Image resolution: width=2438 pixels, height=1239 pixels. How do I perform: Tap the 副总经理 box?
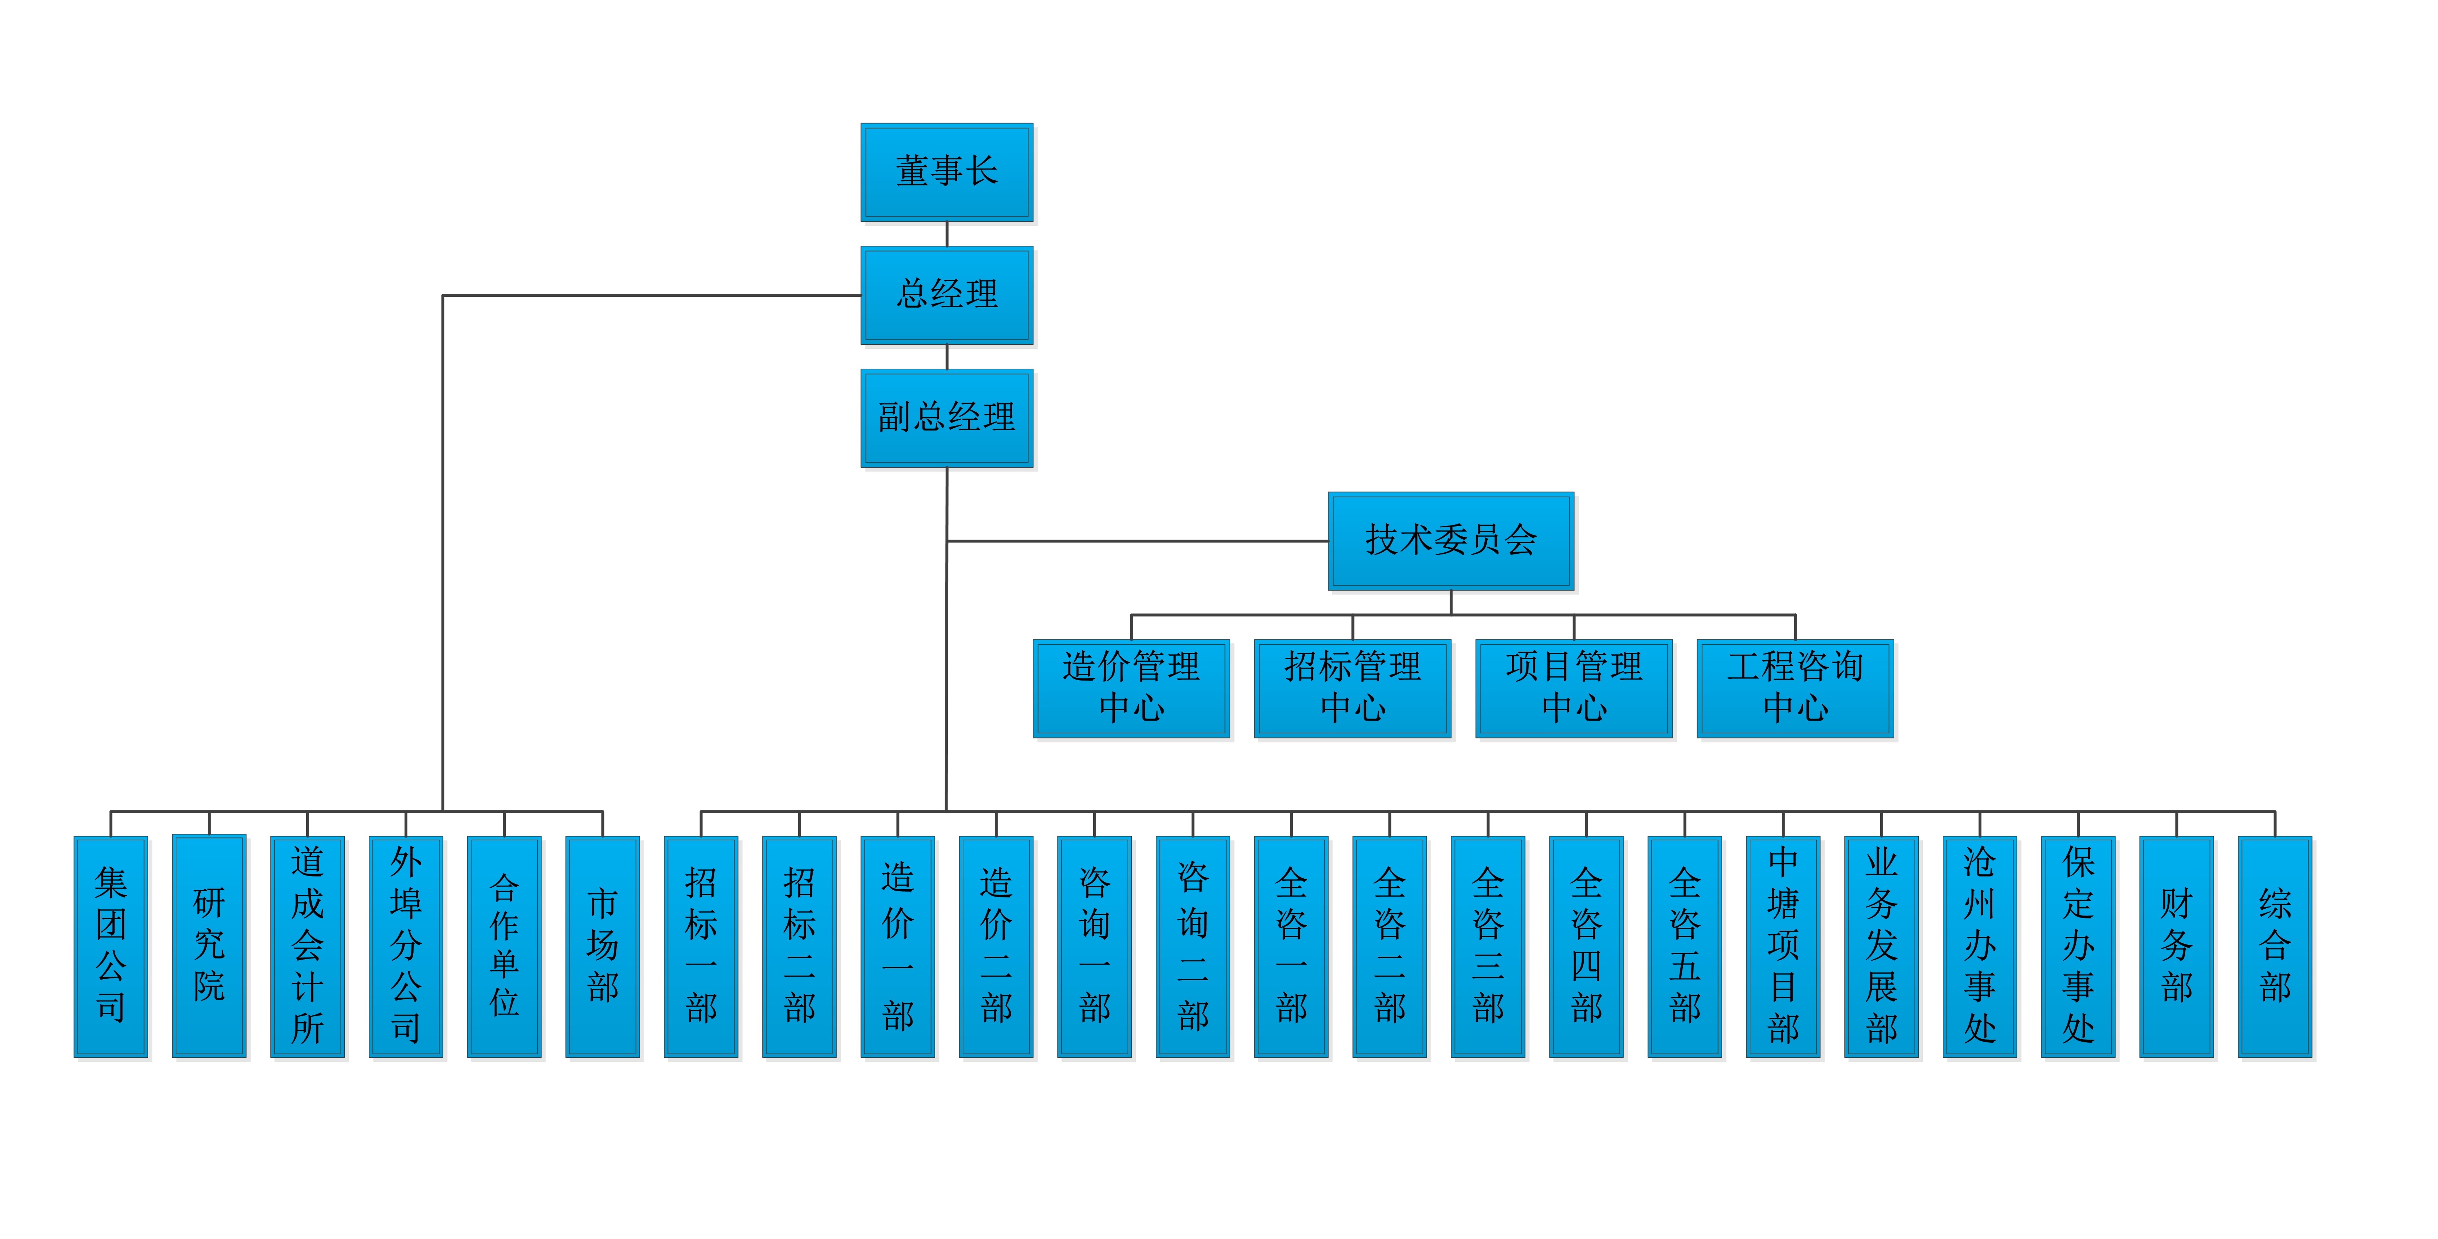pyautogui.click(x=946, y=417)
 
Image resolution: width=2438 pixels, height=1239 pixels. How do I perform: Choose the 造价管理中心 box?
pyautogui.click(x=1131, y=688)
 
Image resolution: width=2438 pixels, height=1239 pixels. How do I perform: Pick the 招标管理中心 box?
pyautogui.click(x=1352, y=688)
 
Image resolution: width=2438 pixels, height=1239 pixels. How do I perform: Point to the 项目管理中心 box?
pyautogui.click(x=1574, y=688)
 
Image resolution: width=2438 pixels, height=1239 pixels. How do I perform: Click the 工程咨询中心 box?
pyautogui.click(x=1795, y=688)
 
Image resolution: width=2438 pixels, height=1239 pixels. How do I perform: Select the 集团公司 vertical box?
pyautogui.click(x=111, y=947)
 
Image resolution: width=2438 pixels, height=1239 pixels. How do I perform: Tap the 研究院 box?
pyautogui.click(x=209, y=947)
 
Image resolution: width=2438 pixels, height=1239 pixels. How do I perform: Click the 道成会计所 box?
pyautogui.click(x=308, y=947)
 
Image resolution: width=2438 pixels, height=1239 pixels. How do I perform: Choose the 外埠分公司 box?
pyautogui.click(x=406, y=947)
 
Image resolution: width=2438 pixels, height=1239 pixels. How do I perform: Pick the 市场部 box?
pyautogui.click(x=603, y=947)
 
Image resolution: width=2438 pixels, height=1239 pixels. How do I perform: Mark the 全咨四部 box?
pyautogui.click(x=1586, y=947)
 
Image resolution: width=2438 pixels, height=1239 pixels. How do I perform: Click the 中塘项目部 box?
pyautogui.click(x=1783, y=947)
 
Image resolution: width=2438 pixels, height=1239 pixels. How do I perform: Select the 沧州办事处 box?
pyautogui.click(x=1980, y=947)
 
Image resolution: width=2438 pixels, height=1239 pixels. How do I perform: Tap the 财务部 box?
pyautogui.click(x=2177, y=947)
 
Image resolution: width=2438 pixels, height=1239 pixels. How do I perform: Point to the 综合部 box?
pyautogui.click(x=2275, y=947)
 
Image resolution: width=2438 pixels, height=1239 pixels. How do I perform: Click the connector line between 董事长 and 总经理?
pyautogui.click(x=946, y=234)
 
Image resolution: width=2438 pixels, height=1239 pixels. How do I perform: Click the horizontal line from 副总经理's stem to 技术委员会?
pyautogui.click(x=1136, y=541)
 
